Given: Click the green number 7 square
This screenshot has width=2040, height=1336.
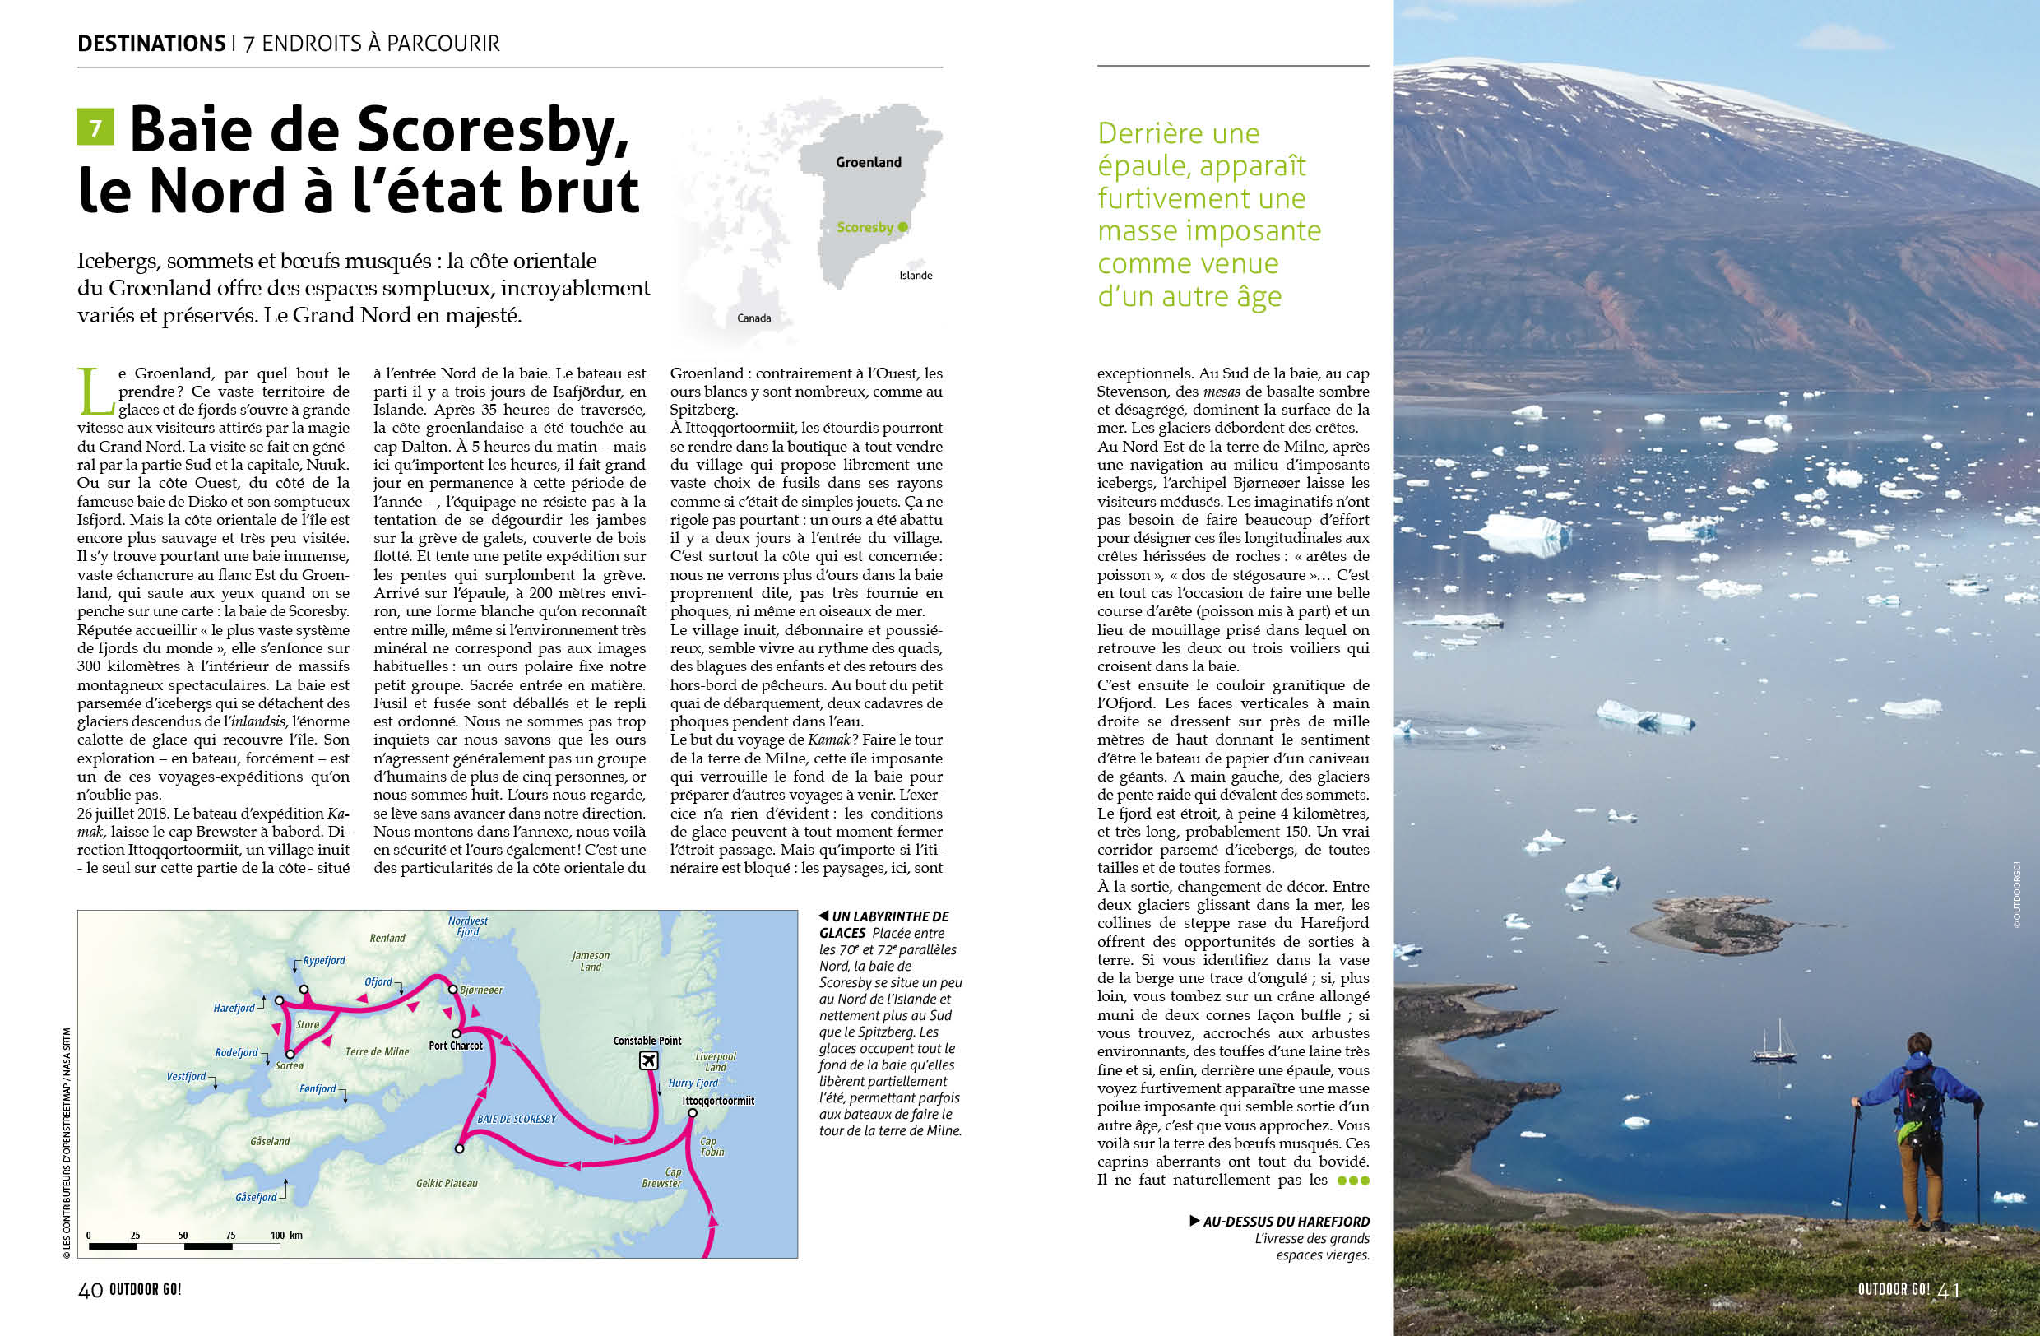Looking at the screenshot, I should (95, 128).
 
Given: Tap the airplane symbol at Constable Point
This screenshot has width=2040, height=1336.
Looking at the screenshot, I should (649, 1060).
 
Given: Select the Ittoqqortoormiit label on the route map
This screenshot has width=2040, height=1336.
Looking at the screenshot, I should (717, 1102).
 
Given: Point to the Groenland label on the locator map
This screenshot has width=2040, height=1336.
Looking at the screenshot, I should (869, 163).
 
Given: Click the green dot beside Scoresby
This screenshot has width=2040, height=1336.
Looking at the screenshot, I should (902, 227).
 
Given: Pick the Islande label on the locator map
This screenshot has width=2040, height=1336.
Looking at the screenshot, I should (916, 276).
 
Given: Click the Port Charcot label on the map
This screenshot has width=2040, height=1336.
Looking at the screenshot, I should (455, 1046).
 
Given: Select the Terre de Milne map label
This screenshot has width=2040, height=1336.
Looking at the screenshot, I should (377, 1051).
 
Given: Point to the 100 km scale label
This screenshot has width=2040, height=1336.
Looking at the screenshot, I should (285, 1235).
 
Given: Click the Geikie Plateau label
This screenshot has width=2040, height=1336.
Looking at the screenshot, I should (447, 1184).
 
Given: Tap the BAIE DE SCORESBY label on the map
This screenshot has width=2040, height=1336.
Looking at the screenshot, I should (516, 1119).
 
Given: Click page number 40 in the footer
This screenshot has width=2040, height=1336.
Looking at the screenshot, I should (90, 1291).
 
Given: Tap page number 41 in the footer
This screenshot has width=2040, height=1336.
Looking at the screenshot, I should (1949, 1291).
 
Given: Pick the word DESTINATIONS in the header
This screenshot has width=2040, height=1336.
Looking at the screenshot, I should (151, 44).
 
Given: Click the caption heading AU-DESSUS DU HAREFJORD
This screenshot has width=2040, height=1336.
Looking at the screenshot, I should (1286, 1222).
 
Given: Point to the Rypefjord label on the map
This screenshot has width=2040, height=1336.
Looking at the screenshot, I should (323, 961).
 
